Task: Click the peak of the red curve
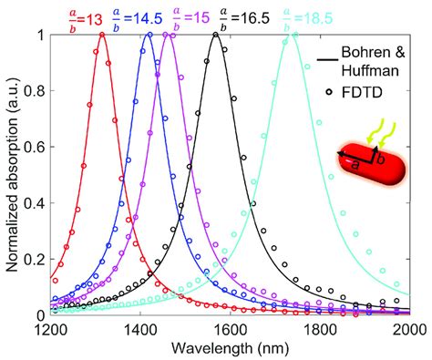coord(101,35)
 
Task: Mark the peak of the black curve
coord(215,35)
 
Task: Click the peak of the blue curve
coord(148,35)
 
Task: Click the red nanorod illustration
coord(369,156)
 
